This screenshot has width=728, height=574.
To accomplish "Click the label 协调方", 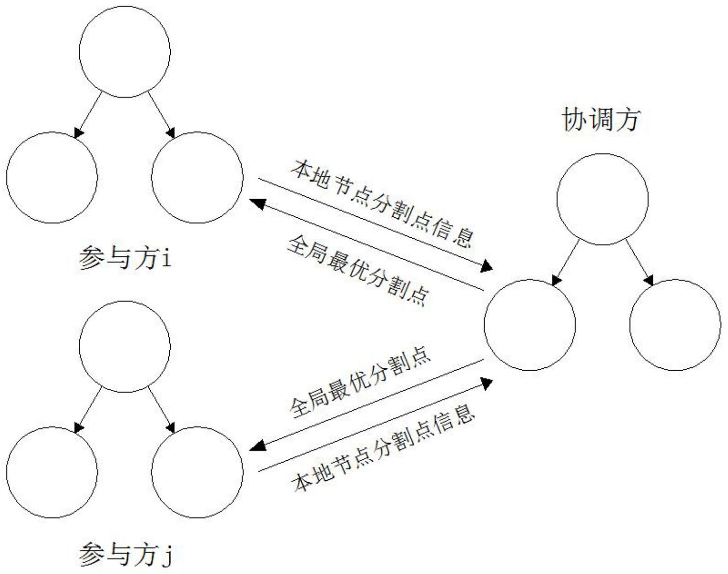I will tap(600, 121).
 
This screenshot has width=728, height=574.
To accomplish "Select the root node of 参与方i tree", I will tap(125, 52).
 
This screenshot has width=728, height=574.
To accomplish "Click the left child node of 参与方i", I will tap(52, 177).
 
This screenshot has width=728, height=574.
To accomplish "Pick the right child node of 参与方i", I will tap(197, 177).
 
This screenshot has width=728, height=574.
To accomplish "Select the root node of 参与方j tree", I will tap(125, 347).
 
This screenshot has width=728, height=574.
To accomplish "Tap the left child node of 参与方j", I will tap(52, 472).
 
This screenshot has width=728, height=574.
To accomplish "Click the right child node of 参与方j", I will tap(197, 472).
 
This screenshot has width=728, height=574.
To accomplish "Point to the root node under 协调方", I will tap(602, 199).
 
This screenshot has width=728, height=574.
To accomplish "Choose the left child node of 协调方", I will tap(529, 325).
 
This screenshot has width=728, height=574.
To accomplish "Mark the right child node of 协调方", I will tap(675, 325).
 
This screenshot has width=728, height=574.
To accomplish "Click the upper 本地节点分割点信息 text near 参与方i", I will tap(381, 203).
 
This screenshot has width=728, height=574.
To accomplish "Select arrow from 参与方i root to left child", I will tap(89, 115).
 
